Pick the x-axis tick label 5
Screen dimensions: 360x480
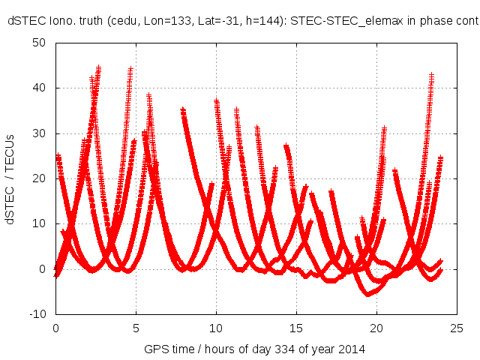coord(136,328)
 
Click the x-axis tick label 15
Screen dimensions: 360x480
coord(296,328)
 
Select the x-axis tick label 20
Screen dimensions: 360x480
coord(376,328)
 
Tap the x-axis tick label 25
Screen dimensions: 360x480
coord(457,328)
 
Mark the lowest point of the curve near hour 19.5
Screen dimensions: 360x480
coord(368,295)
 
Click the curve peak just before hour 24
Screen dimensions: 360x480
coord(432,74)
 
